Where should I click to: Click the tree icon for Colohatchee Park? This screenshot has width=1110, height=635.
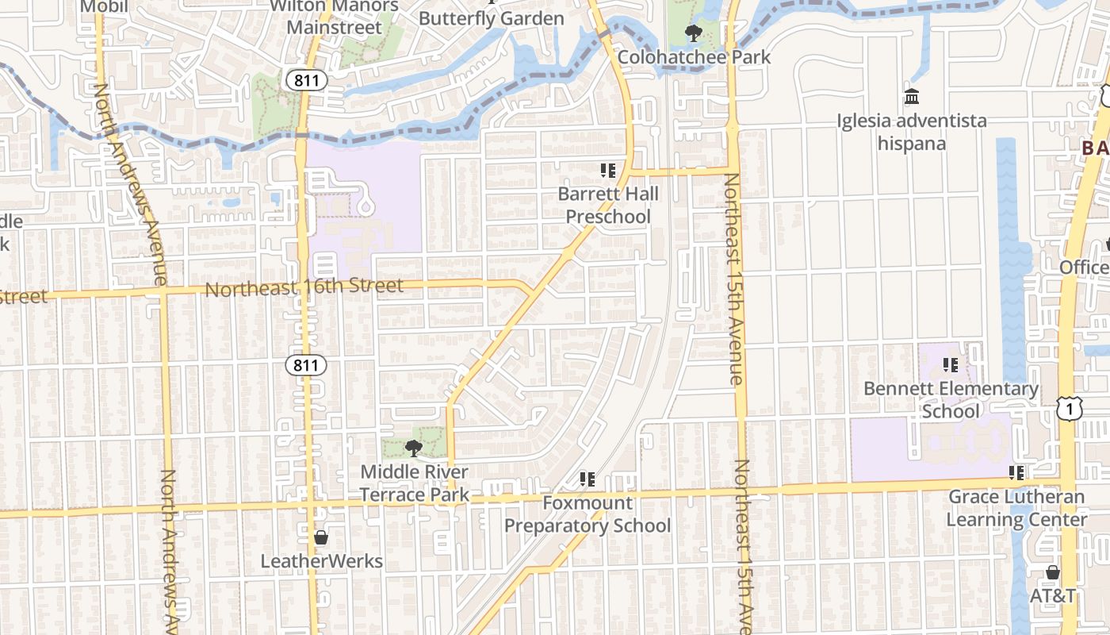point(694,33)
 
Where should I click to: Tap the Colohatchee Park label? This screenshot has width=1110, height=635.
point(694,57)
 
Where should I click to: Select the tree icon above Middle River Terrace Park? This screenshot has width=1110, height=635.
point(413,448)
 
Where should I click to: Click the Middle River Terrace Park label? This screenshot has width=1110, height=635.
point(415,483)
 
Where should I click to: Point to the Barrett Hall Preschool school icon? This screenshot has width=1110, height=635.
point(608,171)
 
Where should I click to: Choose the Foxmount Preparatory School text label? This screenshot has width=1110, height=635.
point(588,514)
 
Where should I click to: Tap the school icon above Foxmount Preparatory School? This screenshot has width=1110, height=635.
point(588,479)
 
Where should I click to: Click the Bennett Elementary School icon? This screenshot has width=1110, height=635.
point(951,365)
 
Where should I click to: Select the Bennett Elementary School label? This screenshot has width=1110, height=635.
point(951,400)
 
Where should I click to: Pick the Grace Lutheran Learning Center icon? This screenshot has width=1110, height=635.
point(1016,473)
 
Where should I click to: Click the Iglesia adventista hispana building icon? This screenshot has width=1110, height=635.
point(912,97)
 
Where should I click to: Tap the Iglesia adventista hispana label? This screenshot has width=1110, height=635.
point(912,133)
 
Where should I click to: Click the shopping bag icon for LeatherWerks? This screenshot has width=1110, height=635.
point(321,537)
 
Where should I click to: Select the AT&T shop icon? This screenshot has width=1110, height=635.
point(1052,572)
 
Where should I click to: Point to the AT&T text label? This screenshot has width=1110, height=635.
point(1052,595)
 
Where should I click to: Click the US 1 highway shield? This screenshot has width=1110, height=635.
point(1070,409)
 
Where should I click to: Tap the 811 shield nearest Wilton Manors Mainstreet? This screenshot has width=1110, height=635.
point(306,80)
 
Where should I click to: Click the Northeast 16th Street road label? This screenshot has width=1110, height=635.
point(304,287)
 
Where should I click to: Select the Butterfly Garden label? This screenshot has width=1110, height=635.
point(492,17)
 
